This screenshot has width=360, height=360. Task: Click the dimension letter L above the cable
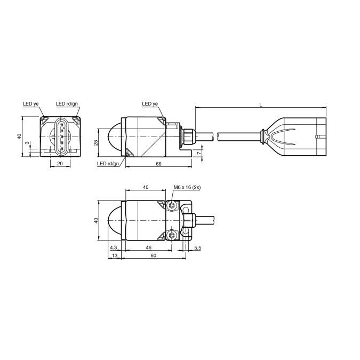pos(260,104)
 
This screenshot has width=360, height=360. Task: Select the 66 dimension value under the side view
pos(158,164)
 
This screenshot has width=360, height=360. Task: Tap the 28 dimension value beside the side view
pos(97,142)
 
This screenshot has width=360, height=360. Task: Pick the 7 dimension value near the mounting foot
pos(199,153)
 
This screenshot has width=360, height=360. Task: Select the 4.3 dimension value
pos(113,248)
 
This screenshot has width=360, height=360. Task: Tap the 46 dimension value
pos(148,248)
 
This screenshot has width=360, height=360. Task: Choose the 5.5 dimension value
pos(197,248)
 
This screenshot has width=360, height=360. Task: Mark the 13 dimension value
pos(113,256)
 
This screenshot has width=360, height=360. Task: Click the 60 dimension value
pos(154,256)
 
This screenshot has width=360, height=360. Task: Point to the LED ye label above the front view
pos(30,104)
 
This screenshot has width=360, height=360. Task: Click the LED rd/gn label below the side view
pos(108,164)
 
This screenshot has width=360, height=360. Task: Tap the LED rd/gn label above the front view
pos(67,104)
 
